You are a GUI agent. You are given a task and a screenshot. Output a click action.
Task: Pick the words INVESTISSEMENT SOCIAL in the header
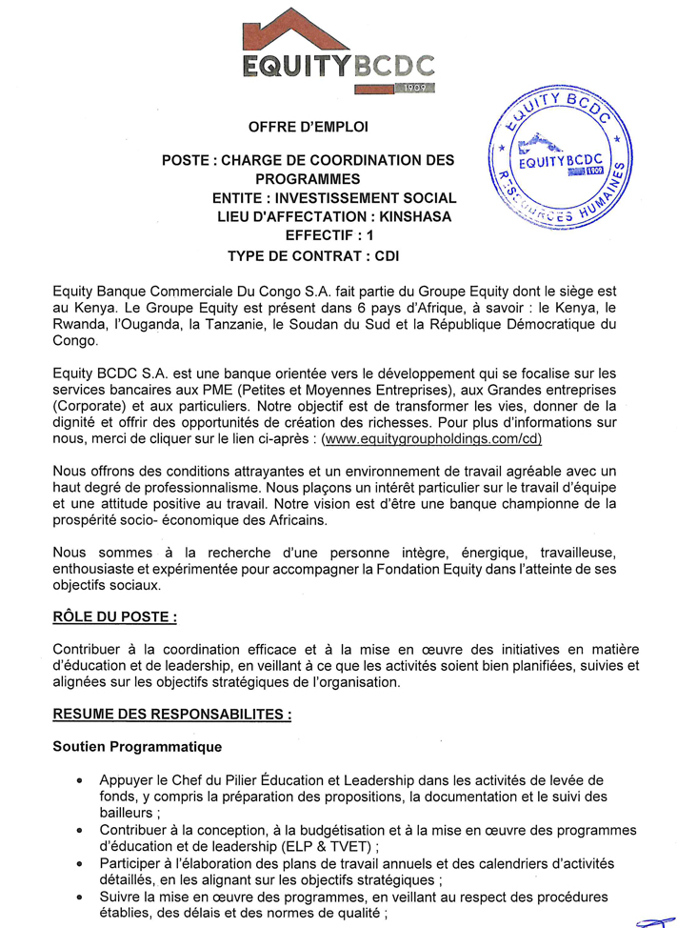point(368,198)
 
